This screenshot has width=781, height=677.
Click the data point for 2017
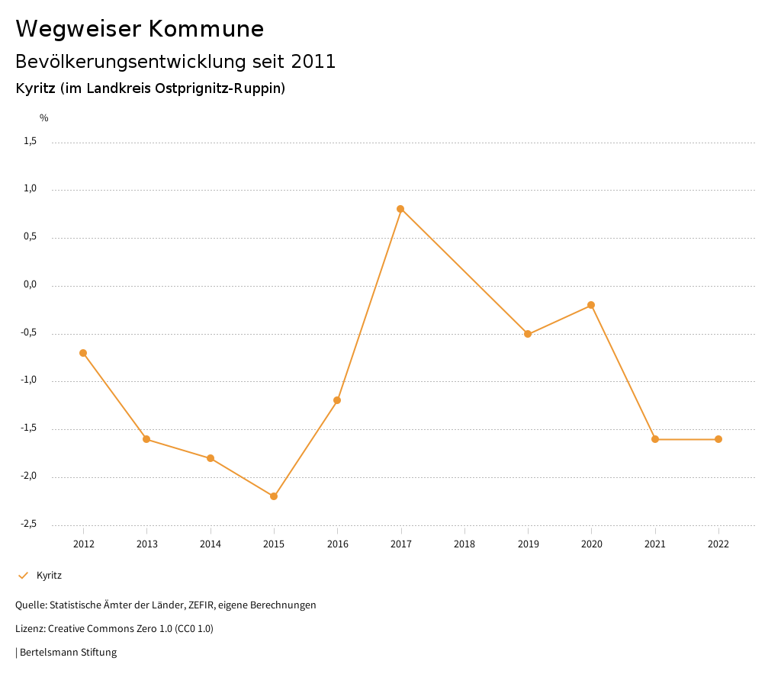tap(400, 209)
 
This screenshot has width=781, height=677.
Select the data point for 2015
tap(274, 496)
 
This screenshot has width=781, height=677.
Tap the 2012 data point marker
tap(83, 353)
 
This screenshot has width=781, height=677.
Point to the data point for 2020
tap(591, 305)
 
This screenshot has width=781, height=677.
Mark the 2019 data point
tap(528, 334)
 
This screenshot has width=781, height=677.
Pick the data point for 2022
tap(718, 439)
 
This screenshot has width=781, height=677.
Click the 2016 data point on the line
tap(337, 400)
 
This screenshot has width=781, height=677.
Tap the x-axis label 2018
tap(464, 544)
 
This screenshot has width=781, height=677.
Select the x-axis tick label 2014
tap(211, 544)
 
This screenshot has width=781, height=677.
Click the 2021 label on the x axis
tap(655, 544)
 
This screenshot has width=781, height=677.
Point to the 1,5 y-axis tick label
tap(30, 141)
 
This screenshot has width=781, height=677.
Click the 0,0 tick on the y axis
tap(30, 284)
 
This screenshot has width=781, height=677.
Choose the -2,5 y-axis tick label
tap(28, 524)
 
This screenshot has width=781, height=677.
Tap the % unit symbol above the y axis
tap(44, 118)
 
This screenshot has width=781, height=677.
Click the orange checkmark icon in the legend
tap(23, 576)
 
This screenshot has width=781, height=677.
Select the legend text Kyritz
tap(49, 576)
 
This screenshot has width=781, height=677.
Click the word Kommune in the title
tap(206, 29)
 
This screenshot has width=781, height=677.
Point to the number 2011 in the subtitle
tap(313, 62)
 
